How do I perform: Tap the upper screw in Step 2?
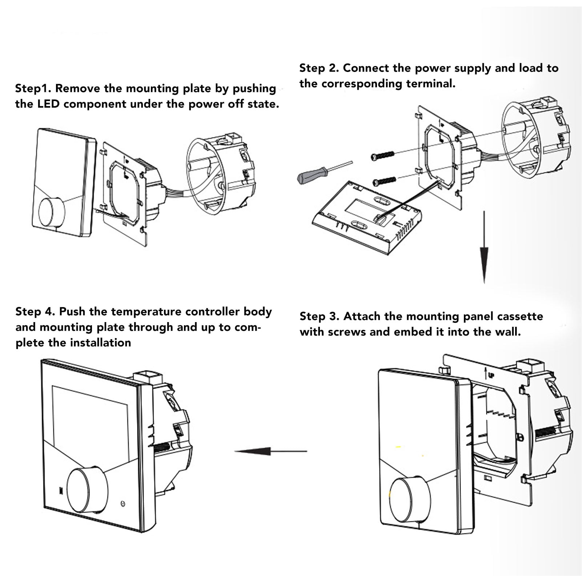[382, 155]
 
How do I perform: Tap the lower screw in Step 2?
[384, 180]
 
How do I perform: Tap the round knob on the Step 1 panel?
[51, 213]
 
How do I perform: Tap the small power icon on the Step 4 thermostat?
[124, 504]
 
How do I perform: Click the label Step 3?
[319, 316]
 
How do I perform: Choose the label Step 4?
[35, 312]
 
